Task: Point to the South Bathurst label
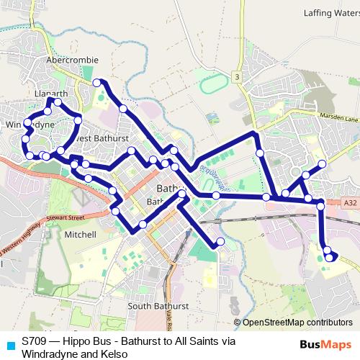(158, 306)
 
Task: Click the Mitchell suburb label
(80, 235)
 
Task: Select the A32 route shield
(349, 204)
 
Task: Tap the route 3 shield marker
(235, 76)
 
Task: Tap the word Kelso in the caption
(114, 354)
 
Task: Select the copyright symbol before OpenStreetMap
(237, 323)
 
